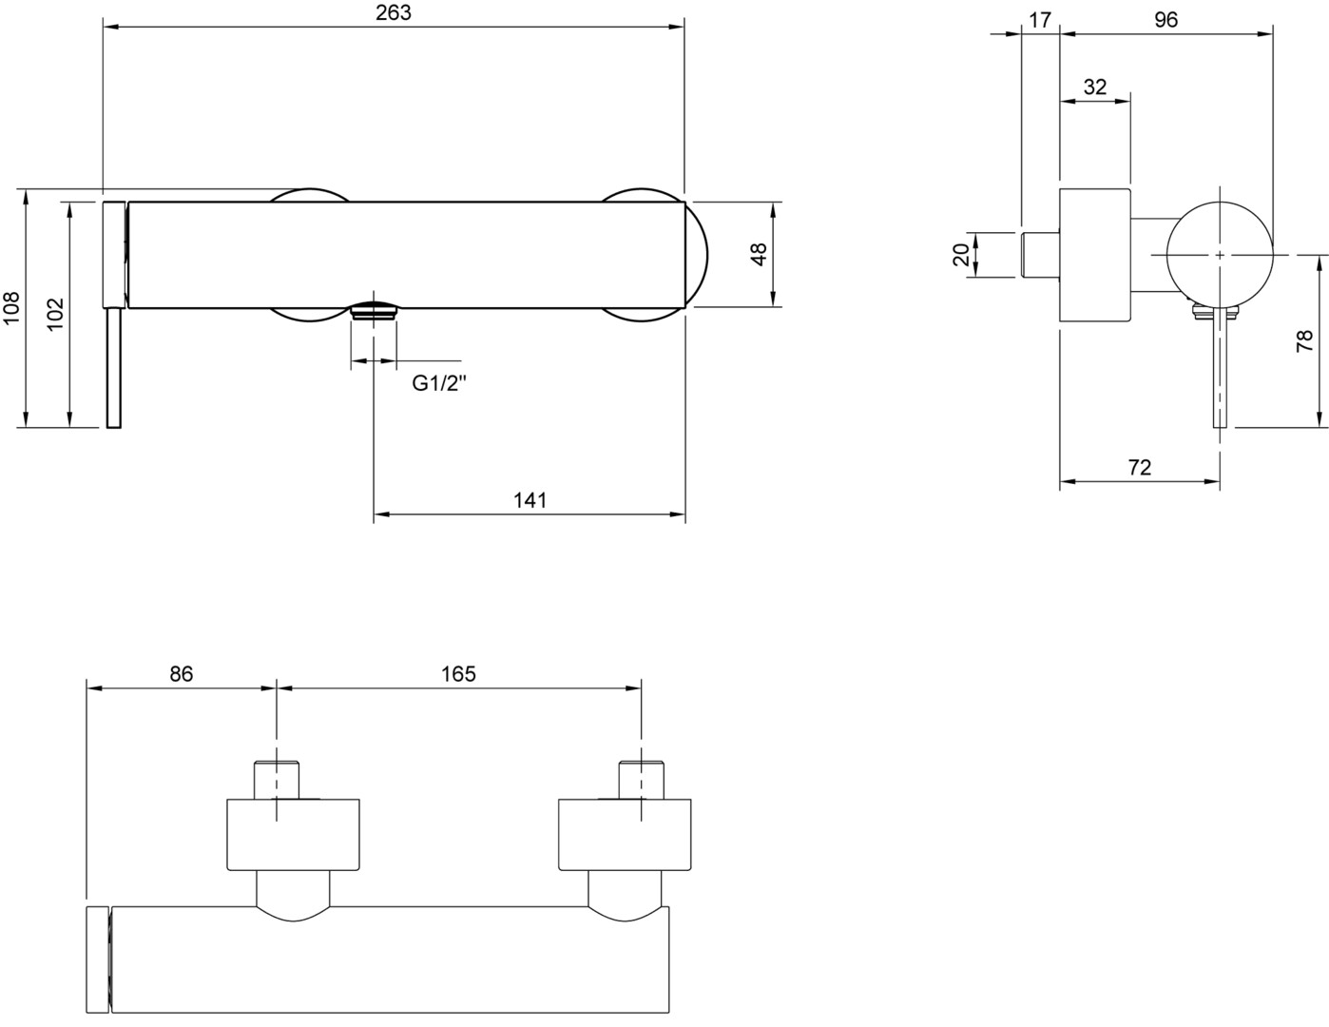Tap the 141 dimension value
[530, 500]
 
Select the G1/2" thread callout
[440, 383]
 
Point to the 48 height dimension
[758, 255]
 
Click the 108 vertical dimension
[10, 308]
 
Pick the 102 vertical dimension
[54, 314]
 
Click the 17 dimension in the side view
[1040, 19]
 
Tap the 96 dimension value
[1166, 19]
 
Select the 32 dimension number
[1095, 87]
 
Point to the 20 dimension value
[961, 254]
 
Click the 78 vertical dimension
[1303, 340]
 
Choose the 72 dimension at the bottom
[1140, 467]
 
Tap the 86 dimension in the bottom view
[181, 673]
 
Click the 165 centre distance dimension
[458, 673]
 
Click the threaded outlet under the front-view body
[374, 309]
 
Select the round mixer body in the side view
[1220, 254]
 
